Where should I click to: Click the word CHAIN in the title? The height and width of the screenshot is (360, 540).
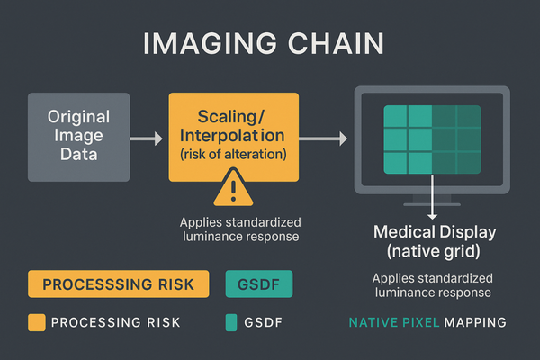click(x=340, y=45)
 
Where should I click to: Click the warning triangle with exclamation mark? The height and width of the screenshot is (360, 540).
click(x=232, y=189)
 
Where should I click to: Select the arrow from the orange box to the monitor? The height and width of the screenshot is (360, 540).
click(x=322, y=139)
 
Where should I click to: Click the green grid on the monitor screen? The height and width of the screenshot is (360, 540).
click(x=432, y=139)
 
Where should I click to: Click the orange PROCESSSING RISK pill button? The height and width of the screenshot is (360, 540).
click(x=119, y=283)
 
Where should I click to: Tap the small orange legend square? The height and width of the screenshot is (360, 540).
click(x=36, y=322)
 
